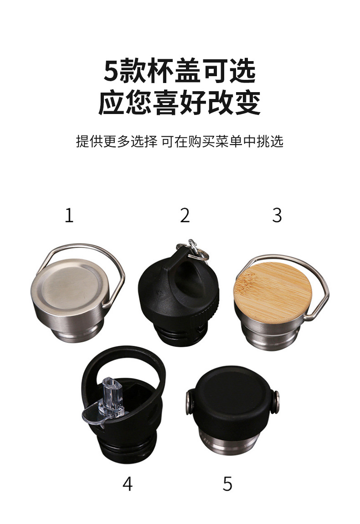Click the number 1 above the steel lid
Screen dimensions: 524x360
pos(69,215)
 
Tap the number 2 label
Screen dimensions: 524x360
pos(185,215)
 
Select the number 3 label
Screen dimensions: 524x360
pos(277,215)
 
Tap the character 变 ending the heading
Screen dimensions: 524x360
pos(247,103)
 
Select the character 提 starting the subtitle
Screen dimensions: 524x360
pos(82,141)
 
